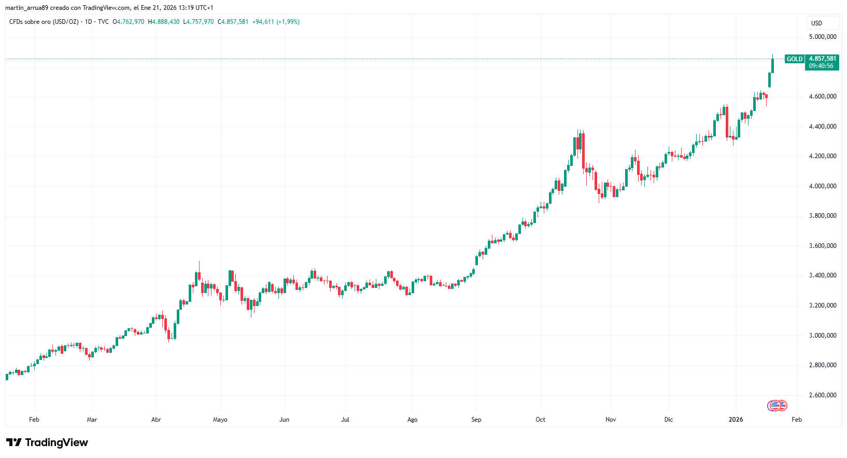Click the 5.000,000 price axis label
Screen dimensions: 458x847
[x=823, y=37]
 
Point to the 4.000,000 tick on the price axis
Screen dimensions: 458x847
[x=823, y=186]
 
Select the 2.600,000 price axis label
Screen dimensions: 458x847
[x=823, y=395]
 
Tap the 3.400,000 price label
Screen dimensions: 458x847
[x=823, y=275]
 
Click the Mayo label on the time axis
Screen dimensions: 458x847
[x=220, y=420]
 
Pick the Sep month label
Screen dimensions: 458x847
[x=476, y=420]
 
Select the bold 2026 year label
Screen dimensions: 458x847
[x=736, y=420]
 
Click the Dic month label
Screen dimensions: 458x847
[x=669, y=420]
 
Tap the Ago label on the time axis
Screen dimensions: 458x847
[x=412, y=420]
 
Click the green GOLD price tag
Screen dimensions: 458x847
[x=794, y=59]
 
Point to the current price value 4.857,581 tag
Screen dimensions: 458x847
[x=823, y=59]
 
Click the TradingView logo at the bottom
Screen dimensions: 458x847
[x=47, y=442]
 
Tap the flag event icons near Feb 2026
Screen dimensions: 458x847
[x=778, y=406]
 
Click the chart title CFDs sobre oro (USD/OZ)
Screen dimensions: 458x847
[x=44, y=22]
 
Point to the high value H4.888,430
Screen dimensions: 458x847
[x=164, y=22]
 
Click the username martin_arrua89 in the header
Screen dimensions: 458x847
[x=26, y=8]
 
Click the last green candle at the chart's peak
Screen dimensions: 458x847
[x=772, y=65]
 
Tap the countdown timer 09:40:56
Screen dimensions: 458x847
[x=821, y=66]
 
